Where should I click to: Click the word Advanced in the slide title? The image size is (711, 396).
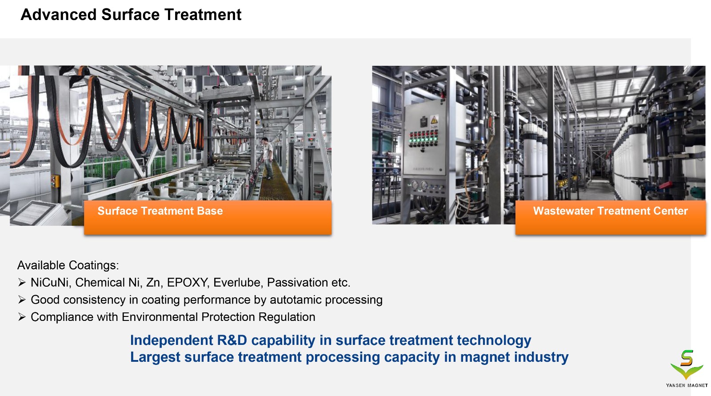(58, 15)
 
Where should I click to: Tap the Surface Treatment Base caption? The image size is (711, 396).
(160, 211)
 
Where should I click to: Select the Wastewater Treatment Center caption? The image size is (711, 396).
(611, 211)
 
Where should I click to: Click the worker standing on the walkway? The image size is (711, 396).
(268, 158)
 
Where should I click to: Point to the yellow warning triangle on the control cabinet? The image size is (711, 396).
(434, 120)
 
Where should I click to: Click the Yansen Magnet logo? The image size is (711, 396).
(687, 368)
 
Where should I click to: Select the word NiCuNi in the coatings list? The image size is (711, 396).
(51, 283)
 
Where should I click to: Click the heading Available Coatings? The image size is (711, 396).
(68, 265)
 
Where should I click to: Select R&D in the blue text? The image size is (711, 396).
(232, 340)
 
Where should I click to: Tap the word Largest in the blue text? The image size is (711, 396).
(155, 357)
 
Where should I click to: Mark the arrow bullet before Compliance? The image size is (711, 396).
(22, 316)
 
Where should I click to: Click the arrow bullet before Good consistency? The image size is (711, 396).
(22, 300)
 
